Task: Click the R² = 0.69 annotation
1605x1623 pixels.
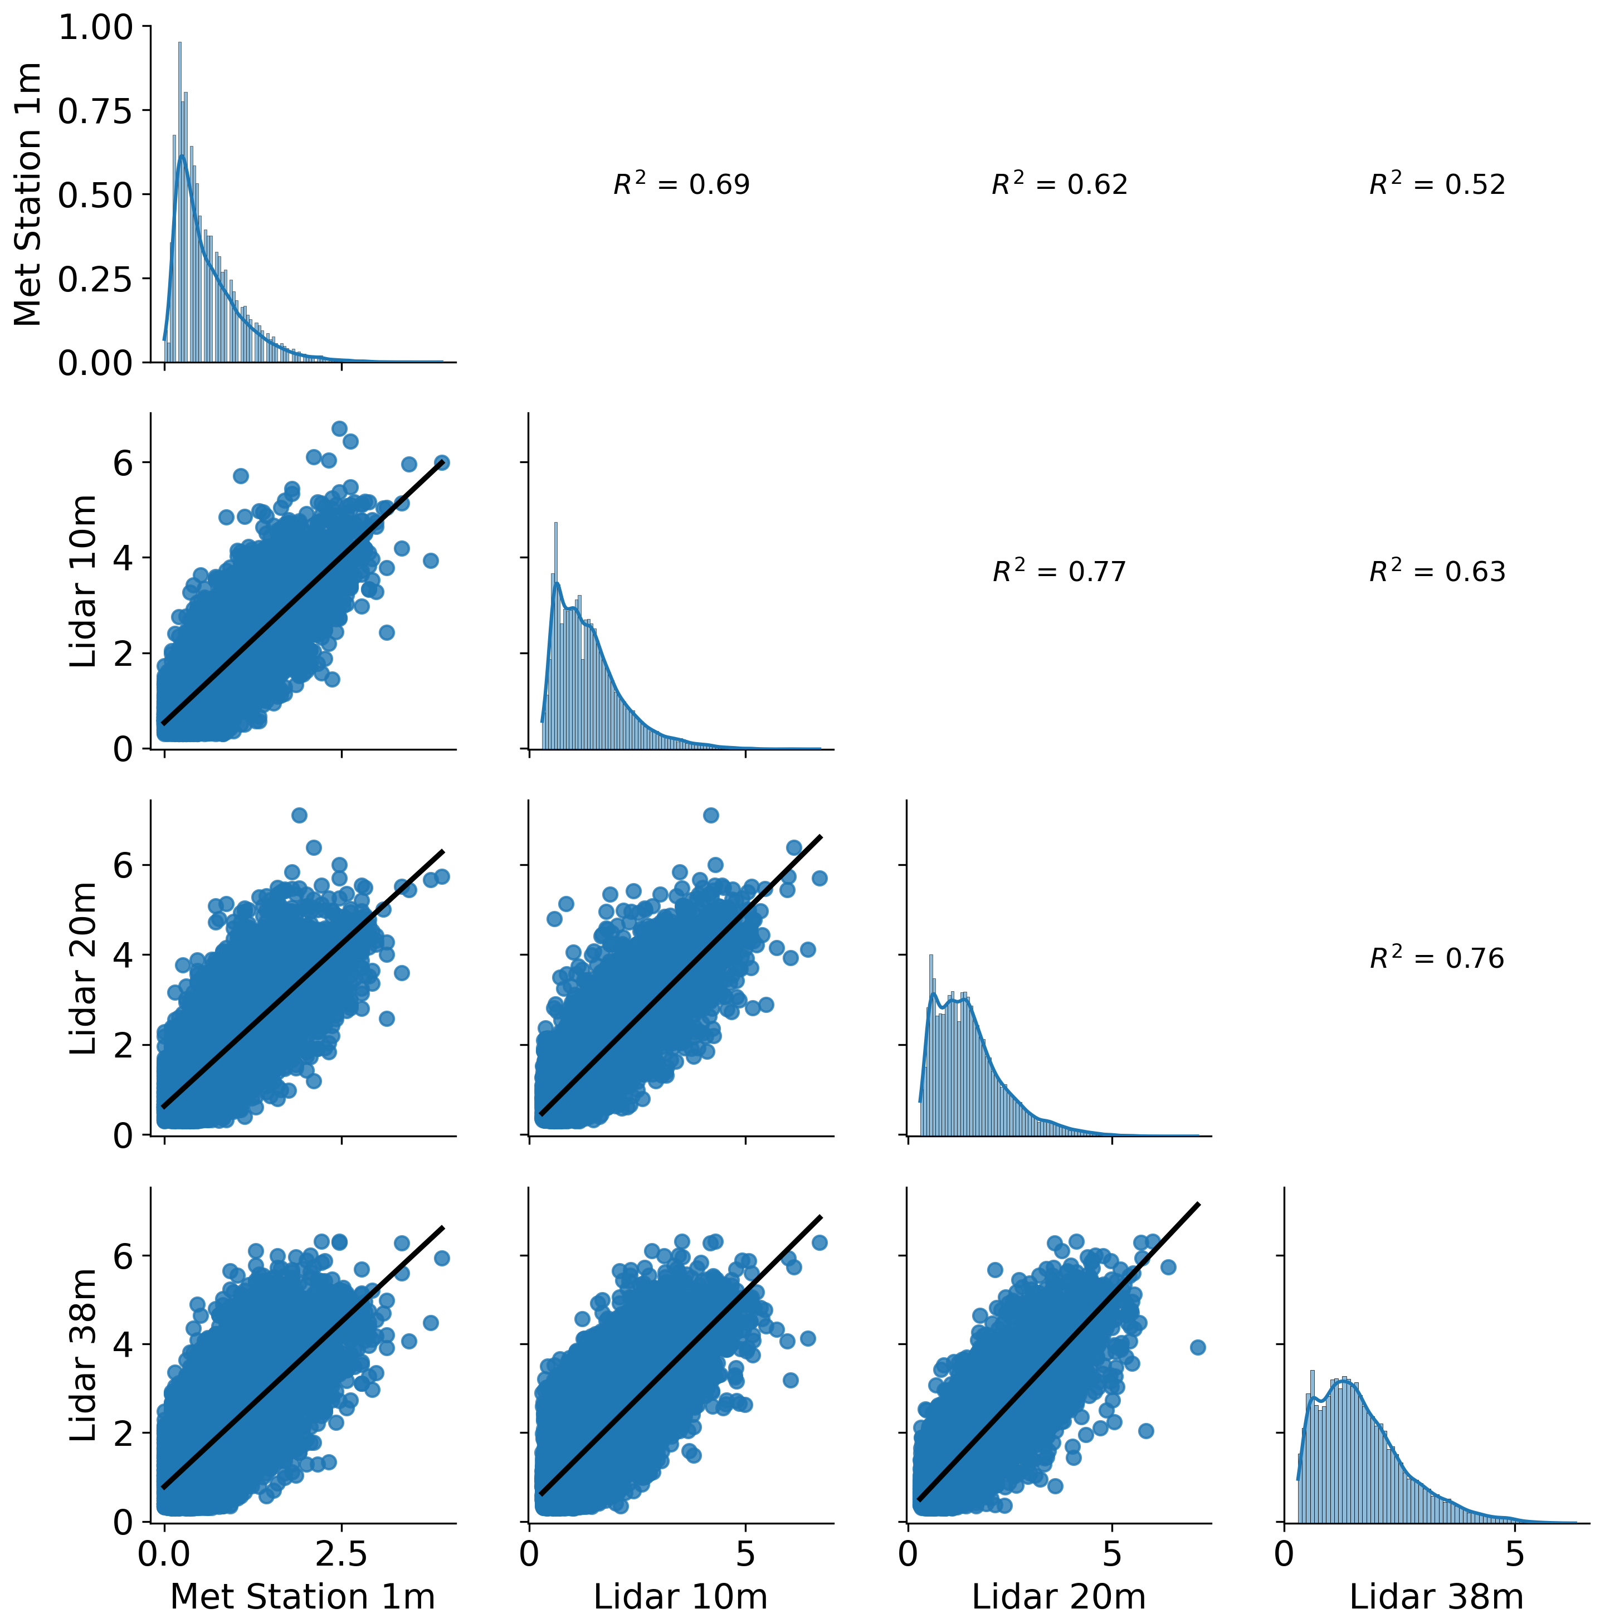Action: (x=681, y=184)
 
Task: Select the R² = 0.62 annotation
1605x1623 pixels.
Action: (x=1059, y=184)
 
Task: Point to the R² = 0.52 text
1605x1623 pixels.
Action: (x=1437, y=184)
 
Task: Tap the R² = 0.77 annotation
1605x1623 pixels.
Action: (x=1059, y=571)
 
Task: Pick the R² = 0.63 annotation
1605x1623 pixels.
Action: (x=1437, y=571)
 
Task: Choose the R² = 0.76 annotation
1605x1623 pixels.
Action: (x=1437, y=958)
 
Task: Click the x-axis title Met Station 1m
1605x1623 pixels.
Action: (x=303, y=1596)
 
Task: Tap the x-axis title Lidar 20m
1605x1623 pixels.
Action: (x=1058, y=1596)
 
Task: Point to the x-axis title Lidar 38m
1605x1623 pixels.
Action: (x=1436, y=1596)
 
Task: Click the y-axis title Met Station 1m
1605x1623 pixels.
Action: (x=28, y=194)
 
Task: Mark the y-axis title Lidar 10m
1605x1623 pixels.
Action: (x=83, y=581)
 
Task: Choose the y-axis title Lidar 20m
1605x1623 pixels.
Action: (x=83, y=968)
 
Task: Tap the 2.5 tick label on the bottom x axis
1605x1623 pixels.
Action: (x=341, y=1555)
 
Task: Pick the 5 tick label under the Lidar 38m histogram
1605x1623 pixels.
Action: (x=1514, y=1555)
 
